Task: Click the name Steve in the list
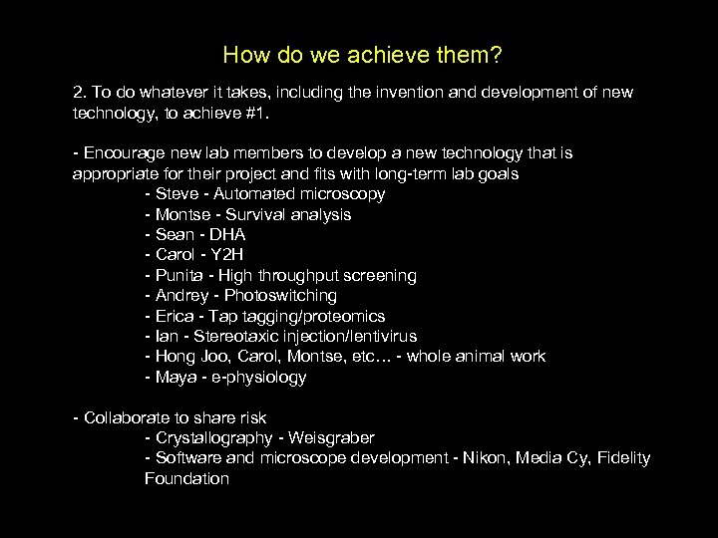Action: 177,194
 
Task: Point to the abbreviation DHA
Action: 226,235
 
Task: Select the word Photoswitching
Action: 280,296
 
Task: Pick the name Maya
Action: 176,378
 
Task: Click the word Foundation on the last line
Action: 186,479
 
